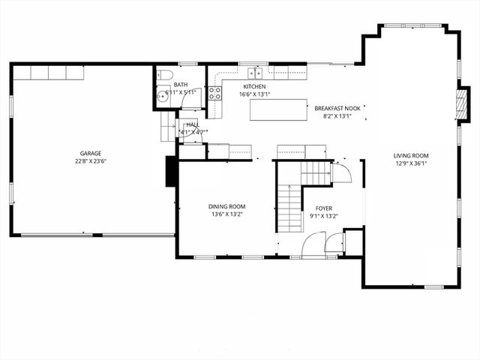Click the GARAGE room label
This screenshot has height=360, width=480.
pos(91,153)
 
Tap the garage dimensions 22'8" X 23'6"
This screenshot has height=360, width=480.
pos(91,161)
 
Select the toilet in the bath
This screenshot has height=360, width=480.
pos(166,74)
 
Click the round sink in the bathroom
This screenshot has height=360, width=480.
pos(163,95)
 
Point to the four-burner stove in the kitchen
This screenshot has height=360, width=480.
pos(214,93)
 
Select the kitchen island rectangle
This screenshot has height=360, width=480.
pos(279,110)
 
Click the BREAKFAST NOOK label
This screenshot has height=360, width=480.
pos(337,108)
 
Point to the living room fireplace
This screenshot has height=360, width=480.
pos(463,106)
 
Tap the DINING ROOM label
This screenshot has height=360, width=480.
pos(226,206)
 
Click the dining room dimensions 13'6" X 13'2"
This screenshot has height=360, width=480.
pos(226,214)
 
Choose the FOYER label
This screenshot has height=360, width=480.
pos(323,208)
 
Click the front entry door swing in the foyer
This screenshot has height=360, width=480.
pos(314,244)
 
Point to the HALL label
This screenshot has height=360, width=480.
pos(192,124)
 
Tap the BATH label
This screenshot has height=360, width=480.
pos(181,85)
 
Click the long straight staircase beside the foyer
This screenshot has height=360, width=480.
pos(289,208)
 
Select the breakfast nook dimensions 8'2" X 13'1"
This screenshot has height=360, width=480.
pos(337,116)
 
